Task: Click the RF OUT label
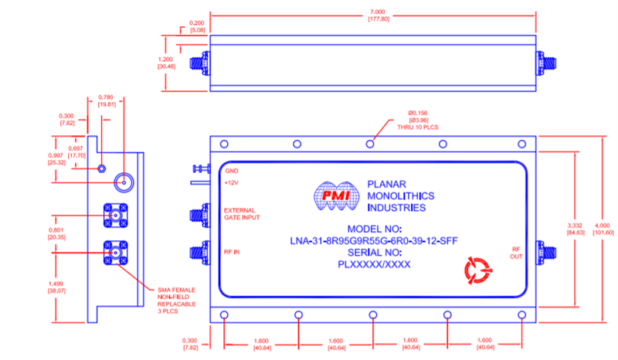[515, 253]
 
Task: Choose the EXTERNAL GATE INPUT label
[244, 214]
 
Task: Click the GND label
[231, 170]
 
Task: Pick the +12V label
[231, 183]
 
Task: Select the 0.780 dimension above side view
[107, 100]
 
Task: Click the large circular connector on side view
[124, 182]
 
